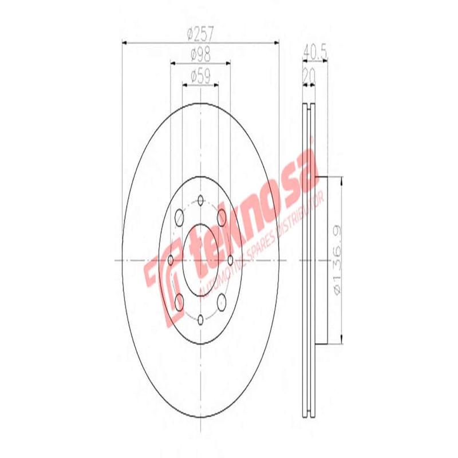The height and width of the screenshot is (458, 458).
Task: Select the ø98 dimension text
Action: point(200,56)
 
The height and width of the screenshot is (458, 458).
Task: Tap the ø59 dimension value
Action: point(200,75)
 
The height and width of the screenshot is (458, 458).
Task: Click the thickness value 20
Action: point(309,75)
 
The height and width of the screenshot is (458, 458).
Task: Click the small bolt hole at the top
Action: point(200,200)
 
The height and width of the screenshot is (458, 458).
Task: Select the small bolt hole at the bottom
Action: point(200,319)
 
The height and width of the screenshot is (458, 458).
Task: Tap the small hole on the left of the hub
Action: point(171,260)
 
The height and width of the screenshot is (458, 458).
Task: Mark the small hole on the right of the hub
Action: point(230,260)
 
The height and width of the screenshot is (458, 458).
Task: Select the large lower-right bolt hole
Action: point(222,301)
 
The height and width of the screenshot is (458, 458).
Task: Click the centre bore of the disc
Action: point(200,259)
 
